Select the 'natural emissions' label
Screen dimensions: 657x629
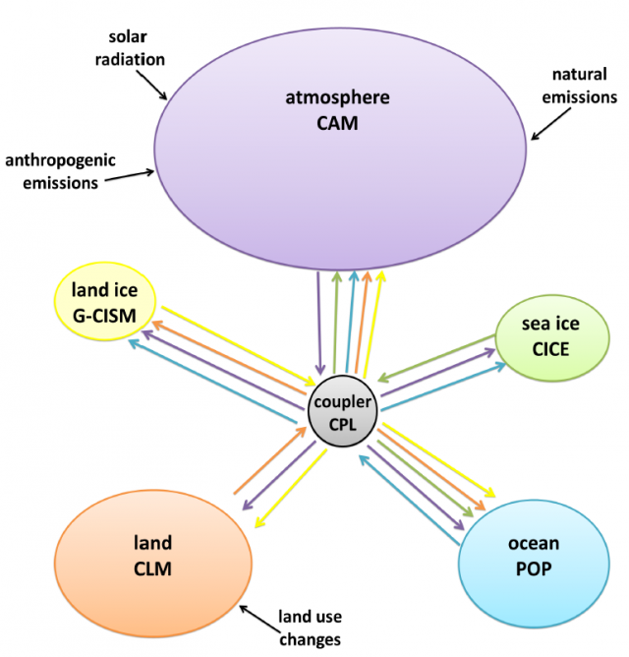584,86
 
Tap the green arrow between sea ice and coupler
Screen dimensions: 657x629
436,359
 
